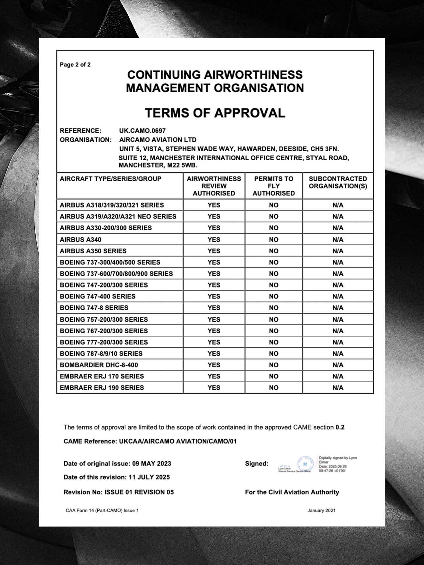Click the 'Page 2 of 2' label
coord(75,65)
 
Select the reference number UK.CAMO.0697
coord(142,131)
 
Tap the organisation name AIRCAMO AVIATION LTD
coord(158,140)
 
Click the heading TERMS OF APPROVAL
coord(215,113)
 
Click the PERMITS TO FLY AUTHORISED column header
coord(273,186)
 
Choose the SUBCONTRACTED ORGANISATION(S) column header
coord(338,182)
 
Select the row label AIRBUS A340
coord(80,239)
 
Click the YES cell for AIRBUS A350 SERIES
coord(214,251)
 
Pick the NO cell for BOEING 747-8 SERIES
coord(273,308)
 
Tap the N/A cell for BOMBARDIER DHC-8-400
coord(338,365)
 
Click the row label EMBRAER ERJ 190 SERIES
coord(102,387)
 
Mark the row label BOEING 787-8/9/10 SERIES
coord(101,353)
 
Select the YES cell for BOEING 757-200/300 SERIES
coord(214,319)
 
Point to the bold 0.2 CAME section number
coord(340,427)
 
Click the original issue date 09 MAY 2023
coord(151,464)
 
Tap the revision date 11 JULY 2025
coord(149,477)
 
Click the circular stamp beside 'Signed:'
coord(305,464)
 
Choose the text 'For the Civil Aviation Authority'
coord(292,492)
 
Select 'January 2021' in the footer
coord(321,511)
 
